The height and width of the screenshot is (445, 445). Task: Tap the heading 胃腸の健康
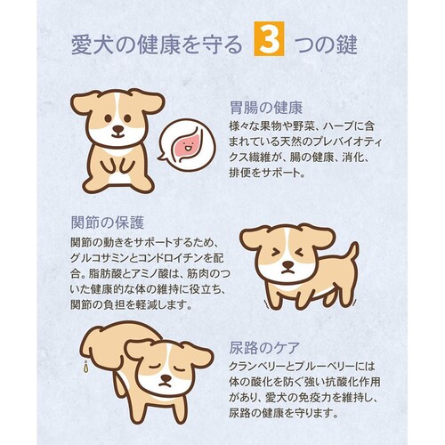(x=266, y=108)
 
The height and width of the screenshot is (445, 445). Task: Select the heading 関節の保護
(x=108, y=222)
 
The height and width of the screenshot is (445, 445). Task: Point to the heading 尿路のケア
(x=264, y=348)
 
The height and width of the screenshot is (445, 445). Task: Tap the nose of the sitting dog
(x=118, y=129)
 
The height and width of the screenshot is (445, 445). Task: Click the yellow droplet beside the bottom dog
(x=86, y=367)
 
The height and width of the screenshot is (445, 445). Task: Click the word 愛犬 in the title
(x=93, y=45)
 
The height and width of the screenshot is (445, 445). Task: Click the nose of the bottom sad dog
(x=166, y=378)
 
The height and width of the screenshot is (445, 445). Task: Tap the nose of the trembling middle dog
(x=287, y=264)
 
